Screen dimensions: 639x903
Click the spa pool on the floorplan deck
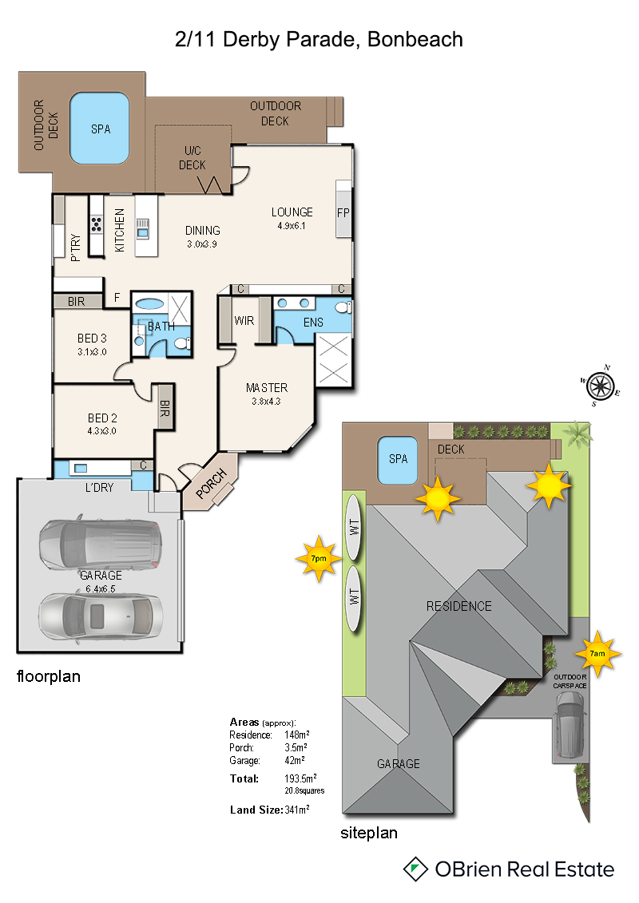point(99,129)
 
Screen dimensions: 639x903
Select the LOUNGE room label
point(292,212)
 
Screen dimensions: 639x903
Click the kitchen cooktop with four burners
point(96,224)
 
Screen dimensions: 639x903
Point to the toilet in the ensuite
point(344,307)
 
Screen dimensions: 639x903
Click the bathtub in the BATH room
point(150,304)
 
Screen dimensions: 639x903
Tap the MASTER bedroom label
point(267,387)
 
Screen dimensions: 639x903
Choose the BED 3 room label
point(92,338)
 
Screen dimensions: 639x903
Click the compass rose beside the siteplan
point(601,386)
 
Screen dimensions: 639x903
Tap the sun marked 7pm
point(319,558)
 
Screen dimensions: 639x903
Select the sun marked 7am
point(597,654)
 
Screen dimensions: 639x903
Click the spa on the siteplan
point(398,460)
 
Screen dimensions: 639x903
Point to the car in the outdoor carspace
point(570,724)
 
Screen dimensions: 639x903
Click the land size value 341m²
point(297,809)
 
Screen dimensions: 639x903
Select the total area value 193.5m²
point(300,778)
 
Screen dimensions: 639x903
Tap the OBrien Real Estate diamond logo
point(415,869)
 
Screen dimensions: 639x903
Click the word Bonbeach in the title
point(415,39)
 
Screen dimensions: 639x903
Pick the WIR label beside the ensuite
point(244,321)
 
